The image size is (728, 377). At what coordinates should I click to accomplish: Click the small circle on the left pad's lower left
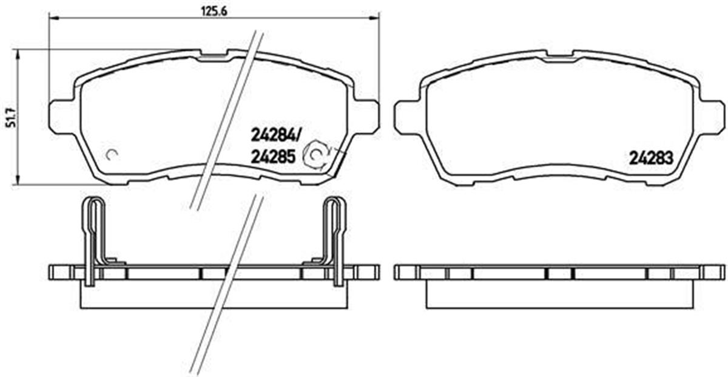(x=111, y=154)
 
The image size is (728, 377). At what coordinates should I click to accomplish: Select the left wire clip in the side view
(x=93, y=240)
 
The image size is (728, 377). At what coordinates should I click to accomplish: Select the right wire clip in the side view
(x=334, y=240)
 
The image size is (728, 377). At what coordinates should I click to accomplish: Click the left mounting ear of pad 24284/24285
(x=59, y=116)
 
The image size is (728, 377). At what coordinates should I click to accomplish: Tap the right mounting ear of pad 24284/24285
(x=368, y=116)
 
